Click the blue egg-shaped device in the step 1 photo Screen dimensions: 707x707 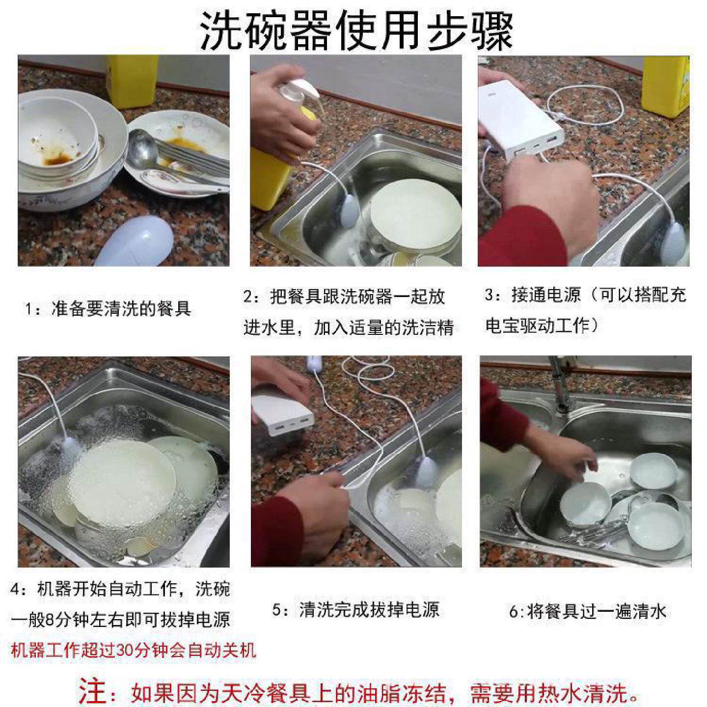point(134,244)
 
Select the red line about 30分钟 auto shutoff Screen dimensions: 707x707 point(133,651)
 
